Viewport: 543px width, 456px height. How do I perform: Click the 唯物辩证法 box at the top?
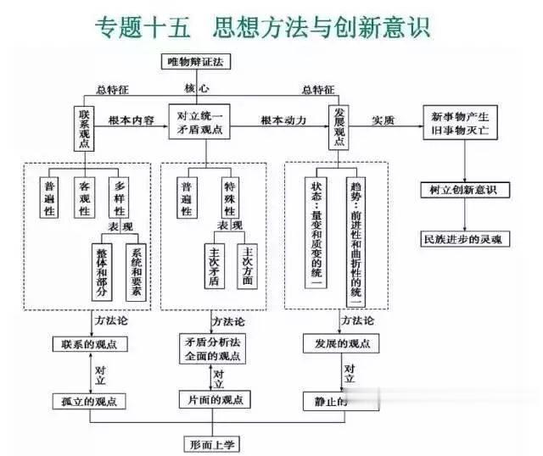coord(196,61)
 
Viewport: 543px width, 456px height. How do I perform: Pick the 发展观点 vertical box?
coord(339,128)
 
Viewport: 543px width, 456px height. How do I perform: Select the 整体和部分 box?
coord(101,270)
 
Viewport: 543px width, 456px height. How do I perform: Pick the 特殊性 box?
coord(228,197)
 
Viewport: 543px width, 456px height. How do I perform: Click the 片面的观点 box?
coord(212,399)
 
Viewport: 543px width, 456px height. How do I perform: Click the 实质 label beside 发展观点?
coord(383,121)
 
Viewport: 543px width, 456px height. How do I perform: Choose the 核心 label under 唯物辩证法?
coord(197,88)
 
